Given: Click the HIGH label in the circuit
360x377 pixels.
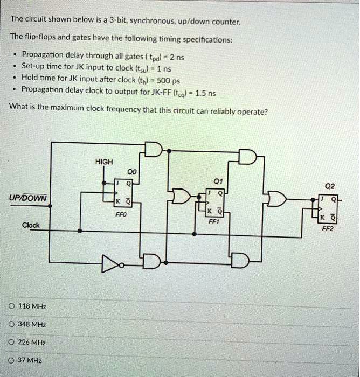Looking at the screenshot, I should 104,162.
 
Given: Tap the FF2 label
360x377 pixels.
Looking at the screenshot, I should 328,228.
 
